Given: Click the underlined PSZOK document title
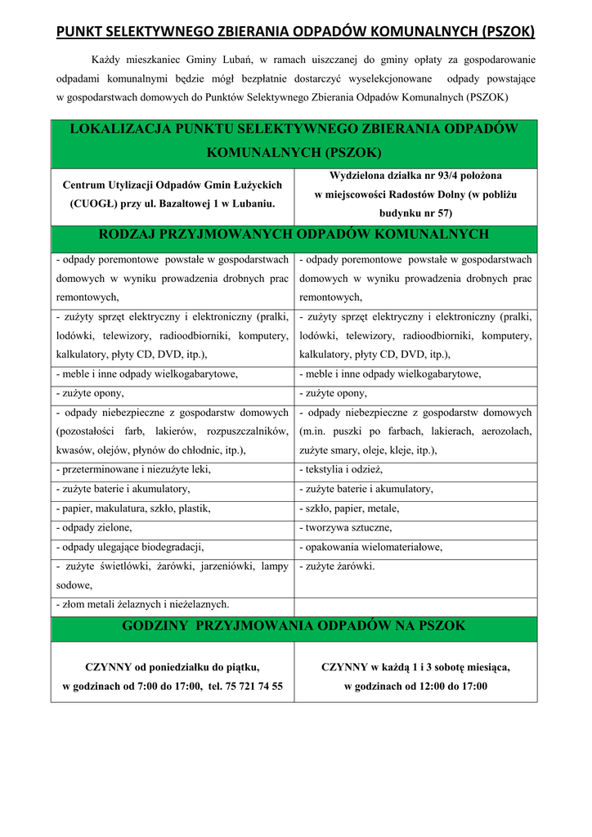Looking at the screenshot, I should (295, 32).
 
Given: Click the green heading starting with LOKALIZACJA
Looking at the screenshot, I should (294, 141).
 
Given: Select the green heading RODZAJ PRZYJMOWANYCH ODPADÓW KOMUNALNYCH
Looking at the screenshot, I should (294, 235).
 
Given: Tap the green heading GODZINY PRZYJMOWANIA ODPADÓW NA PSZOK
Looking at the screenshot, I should (294, 626).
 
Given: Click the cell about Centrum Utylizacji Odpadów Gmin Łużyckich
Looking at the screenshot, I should (173, 194).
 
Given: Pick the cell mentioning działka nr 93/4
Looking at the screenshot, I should (415, 194).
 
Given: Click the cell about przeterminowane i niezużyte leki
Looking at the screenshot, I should (133, 469).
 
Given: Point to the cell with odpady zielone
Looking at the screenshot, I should (97, 528).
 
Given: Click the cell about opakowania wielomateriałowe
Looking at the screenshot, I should (371, 548).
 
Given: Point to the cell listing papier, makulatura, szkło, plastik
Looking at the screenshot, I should (133, 508).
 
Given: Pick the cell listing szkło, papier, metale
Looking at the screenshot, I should (349, 508).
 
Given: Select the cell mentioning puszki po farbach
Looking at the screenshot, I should (415, 431).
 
